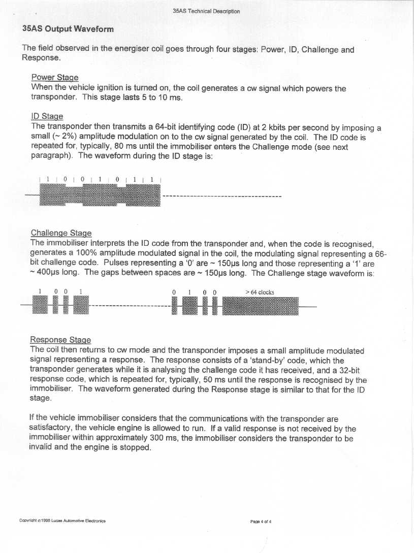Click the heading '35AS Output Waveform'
tap(68, 28)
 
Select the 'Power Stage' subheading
tap(55, 78)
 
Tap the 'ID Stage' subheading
tap(47, 116)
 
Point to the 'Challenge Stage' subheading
tap(61, 233)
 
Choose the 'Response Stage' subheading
tap(60, 340)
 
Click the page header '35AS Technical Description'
tap(206, 11)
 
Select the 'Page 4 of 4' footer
tap(261, 521)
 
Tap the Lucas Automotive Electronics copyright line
tap(62, 521)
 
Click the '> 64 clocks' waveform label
tap(260, 292)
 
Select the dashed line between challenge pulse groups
tap(130, 306)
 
